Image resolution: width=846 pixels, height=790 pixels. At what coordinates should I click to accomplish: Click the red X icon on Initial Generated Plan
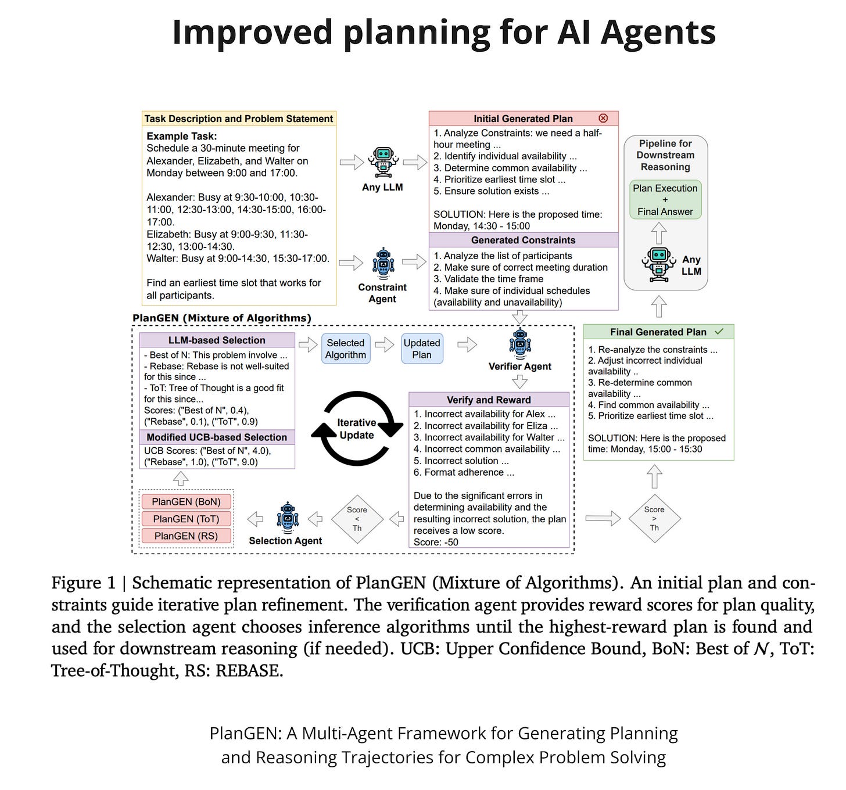click(603, 118)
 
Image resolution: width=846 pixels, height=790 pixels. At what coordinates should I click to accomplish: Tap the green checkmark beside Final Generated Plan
click(719, 332)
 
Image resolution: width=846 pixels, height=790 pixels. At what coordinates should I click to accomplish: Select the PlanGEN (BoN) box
click(186, 501)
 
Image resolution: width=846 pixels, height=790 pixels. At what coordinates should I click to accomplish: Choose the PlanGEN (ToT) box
click(186, 519)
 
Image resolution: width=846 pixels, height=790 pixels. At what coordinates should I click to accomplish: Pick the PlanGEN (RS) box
click(186, 536)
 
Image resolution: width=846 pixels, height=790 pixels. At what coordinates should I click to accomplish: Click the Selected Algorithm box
click(346, 349)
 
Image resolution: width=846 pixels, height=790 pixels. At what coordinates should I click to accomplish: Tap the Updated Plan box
click(422, 349)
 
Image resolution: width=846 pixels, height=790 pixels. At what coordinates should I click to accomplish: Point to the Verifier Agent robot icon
click(519, 342)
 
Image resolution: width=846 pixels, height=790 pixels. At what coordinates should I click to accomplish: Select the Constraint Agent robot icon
click(383, 264)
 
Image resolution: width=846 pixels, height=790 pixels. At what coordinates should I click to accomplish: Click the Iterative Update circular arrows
click(357, 429)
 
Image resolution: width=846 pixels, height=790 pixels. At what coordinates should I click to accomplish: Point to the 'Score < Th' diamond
click(357, 519)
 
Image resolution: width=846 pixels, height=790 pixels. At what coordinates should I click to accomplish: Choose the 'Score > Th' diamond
click(654, 519)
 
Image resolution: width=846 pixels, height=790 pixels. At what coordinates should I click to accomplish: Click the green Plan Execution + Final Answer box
click(665, 200)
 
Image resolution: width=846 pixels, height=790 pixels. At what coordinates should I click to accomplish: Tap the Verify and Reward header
click(489, 400)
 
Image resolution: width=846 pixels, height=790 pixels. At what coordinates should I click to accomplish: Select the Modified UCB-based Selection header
click(217, 437)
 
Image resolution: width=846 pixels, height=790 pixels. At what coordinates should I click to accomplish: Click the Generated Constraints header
click(523, 240)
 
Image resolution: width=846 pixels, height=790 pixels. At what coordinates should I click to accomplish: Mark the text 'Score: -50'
click(436, 542)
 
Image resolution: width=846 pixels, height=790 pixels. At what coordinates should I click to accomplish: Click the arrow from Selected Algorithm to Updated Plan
click(385, 345)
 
